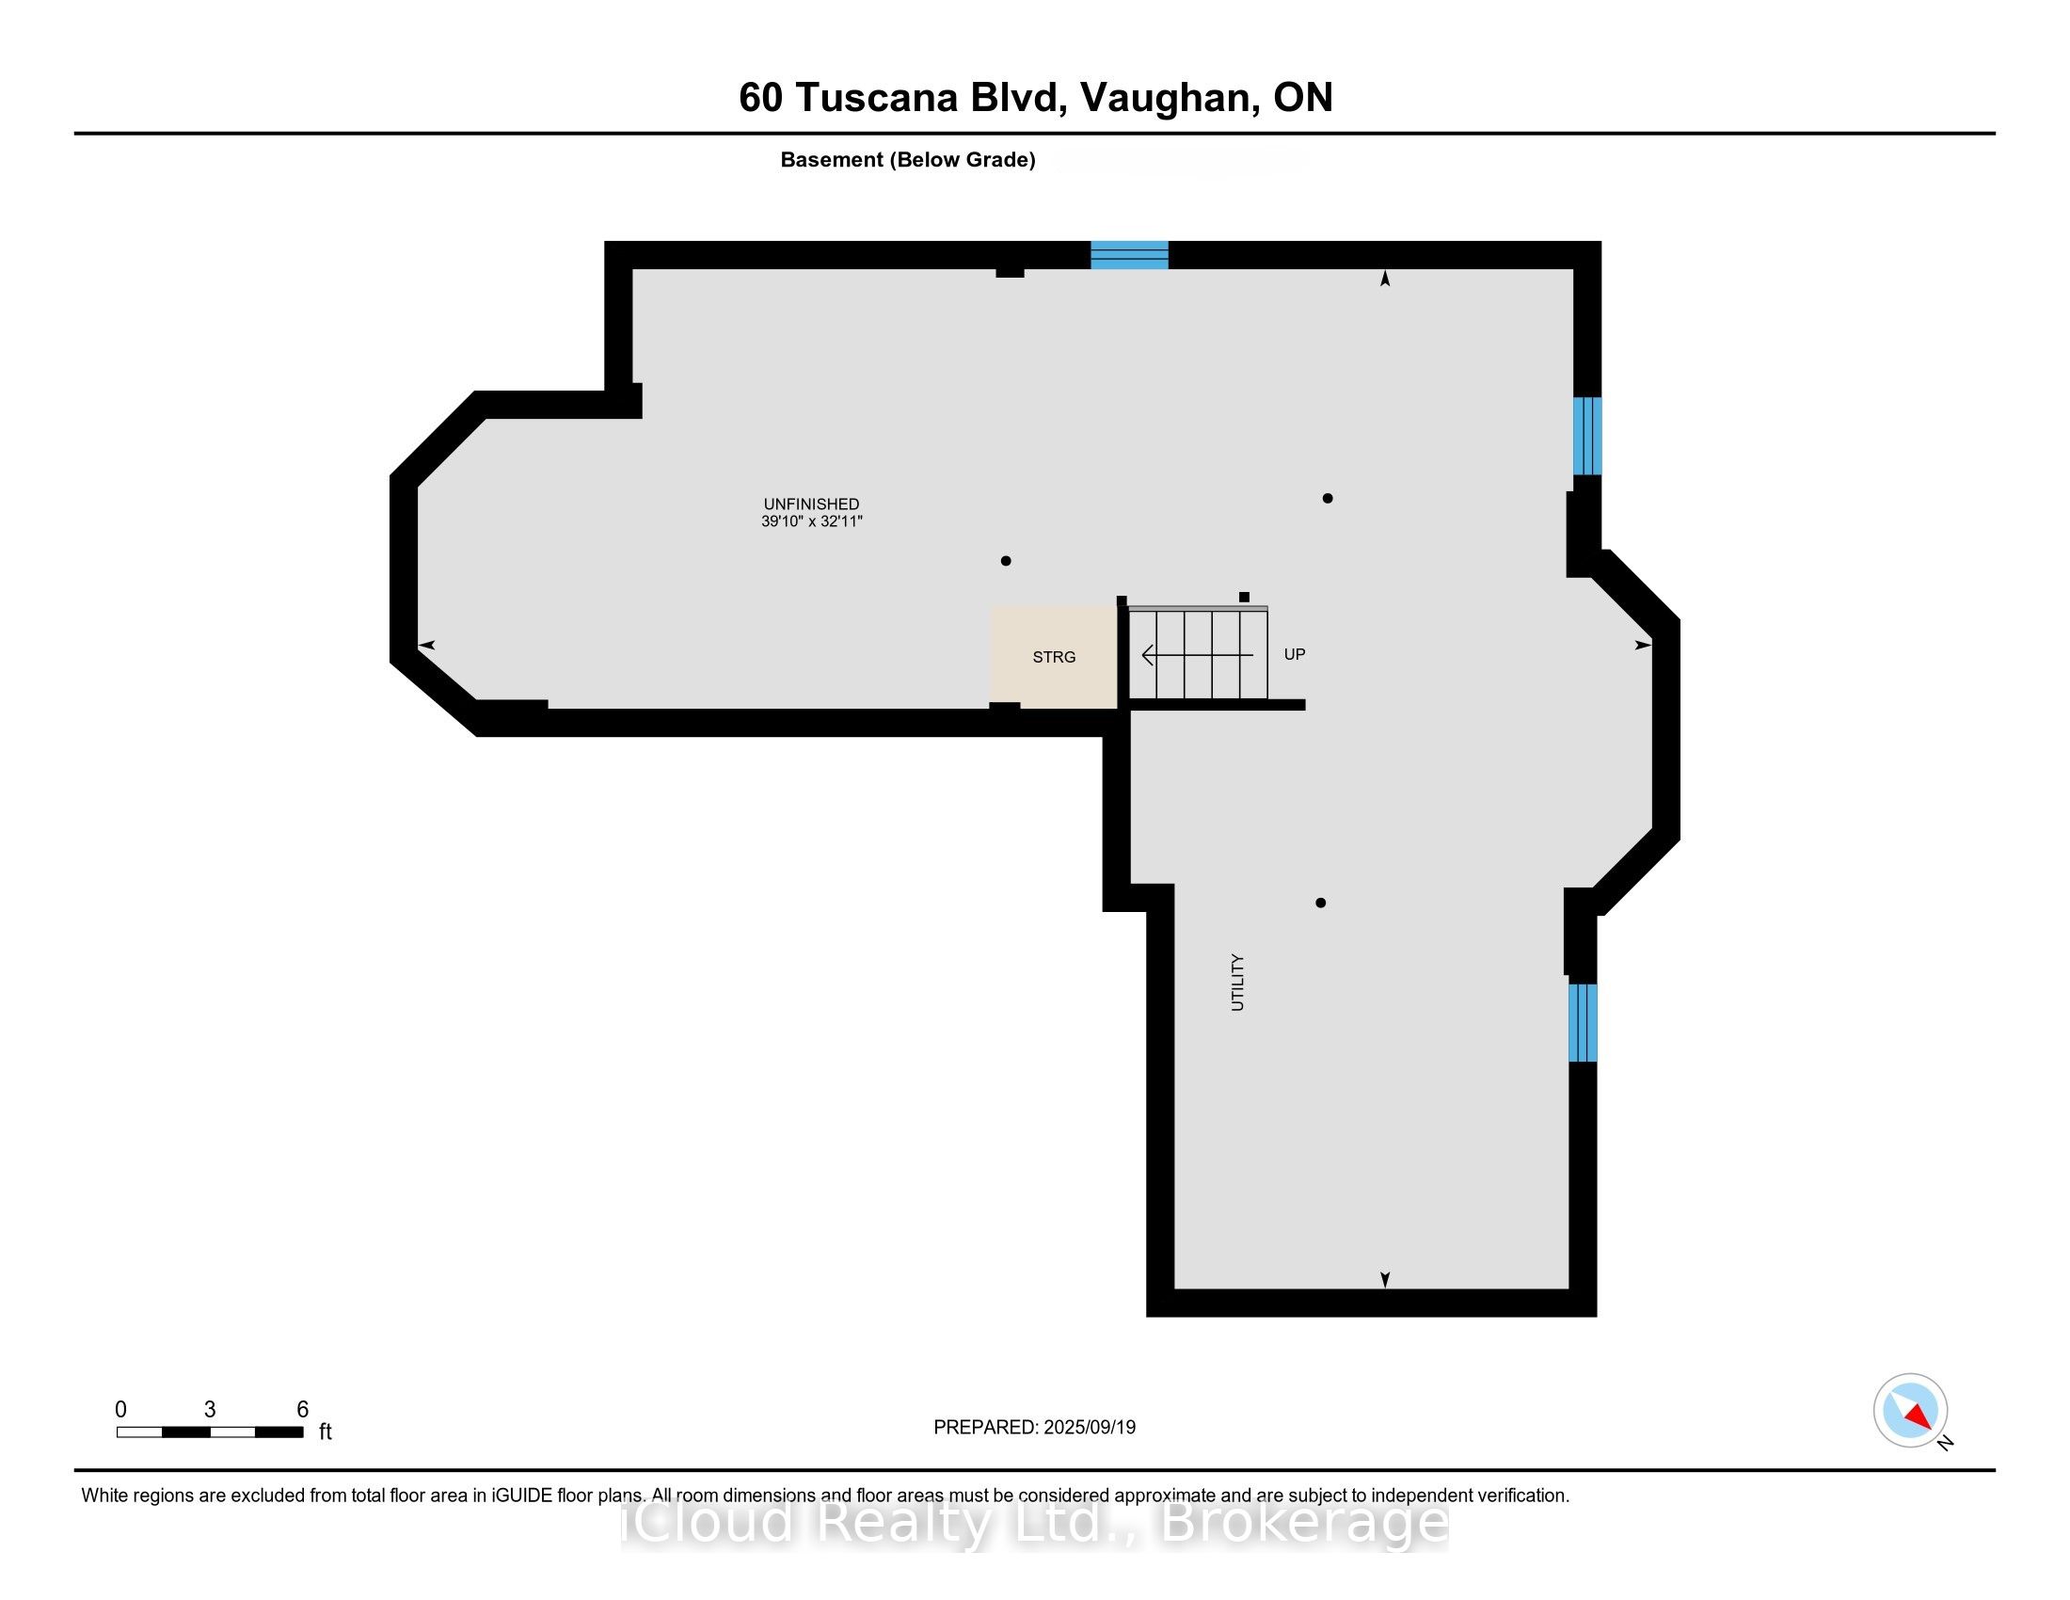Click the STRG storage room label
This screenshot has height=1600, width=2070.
coord(1053,657)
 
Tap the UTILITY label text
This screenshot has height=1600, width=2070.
coord(1237,983)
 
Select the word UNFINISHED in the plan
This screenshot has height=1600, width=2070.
coord(811,504)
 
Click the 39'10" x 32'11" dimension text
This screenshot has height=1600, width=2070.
coord(811,521)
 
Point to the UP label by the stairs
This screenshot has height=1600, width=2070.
coord(1294,654)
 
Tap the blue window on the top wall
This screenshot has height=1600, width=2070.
coord(1129,255)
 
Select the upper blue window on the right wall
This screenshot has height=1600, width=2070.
coord(1586,435)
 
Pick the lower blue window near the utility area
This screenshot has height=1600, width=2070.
coord(1582,1023)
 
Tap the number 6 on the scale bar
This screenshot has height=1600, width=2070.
coord(302,1410)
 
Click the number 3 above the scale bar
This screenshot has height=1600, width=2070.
coord(210,1410)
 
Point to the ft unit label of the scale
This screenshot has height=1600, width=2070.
coord(326,1432)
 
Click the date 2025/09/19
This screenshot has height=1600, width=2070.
coord(1089,1428)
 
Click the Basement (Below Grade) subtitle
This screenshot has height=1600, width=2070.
coord(907,160)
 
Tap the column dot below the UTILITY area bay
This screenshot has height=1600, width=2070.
coord(1320,904)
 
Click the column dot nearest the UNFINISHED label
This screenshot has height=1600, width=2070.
coord(1006,561)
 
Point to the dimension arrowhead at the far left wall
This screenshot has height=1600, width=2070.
coord(426,646)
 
